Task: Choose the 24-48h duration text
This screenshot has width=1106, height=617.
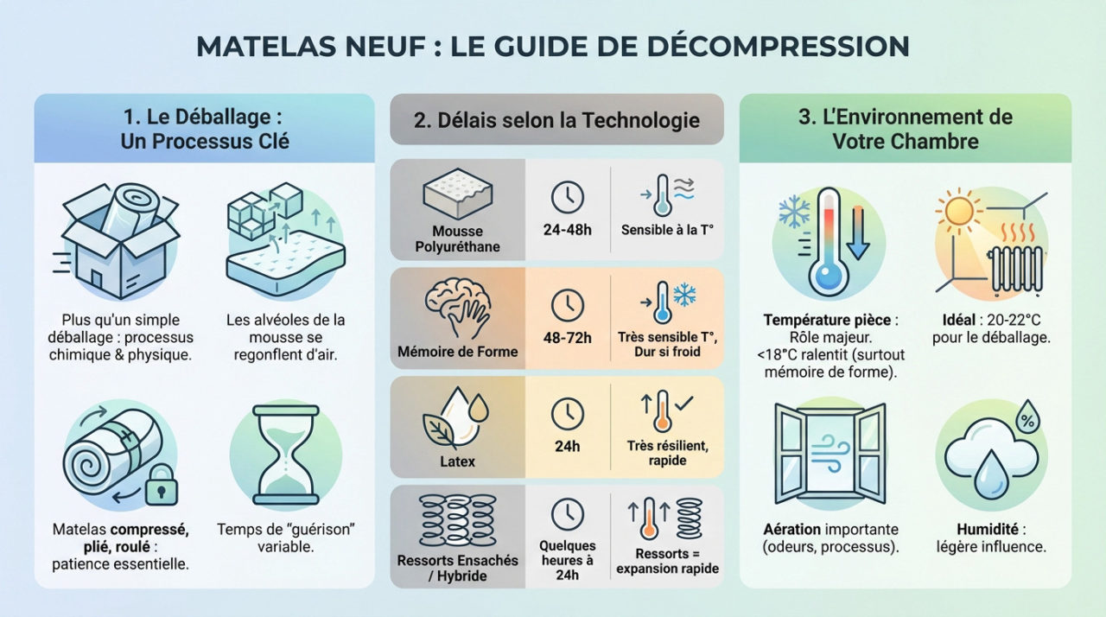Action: [x=567, y=231]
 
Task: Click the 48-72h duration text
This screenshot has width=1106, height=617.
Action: [x=567, y=339]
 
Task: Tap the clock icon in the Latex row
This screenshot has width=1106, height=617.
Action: [x=568, y=412]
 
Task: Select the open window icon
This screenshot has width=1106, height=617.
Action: [x=830, y=455]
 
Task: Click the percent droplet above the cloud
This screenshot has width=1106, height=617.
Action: [x=1027, y=417]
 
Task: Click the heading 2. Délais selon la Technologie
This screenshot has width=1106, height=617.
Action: [x=556, y=119]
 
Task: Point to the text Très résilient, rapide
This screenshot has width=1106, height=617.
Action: [x=667, y=453]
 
